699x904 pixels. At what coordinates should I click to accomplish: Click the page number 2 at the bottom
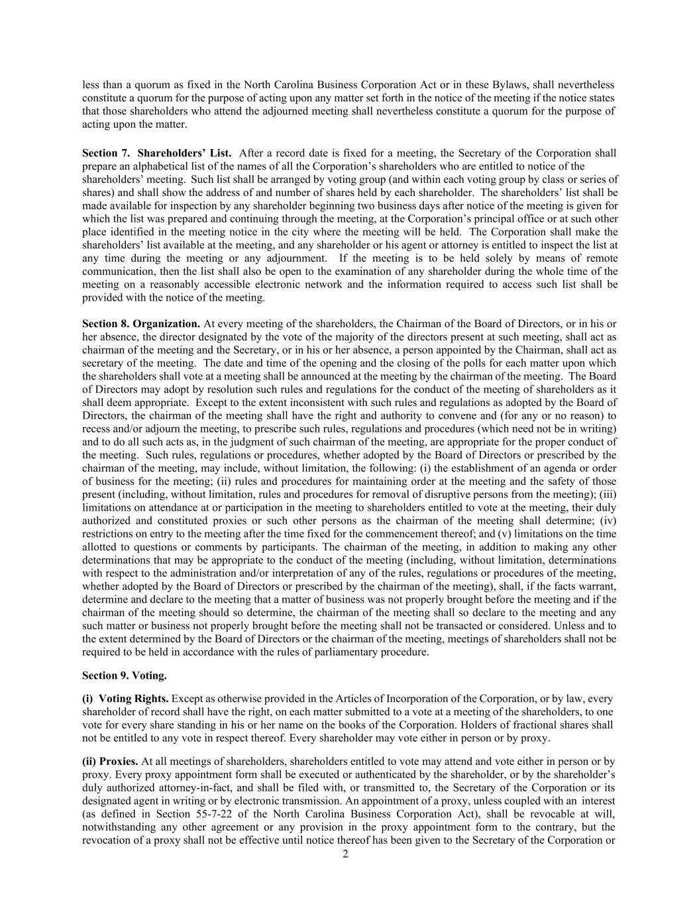pos(345,854)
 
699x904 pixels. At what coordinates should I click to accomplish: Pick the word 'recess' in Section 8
pos(97,429)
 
